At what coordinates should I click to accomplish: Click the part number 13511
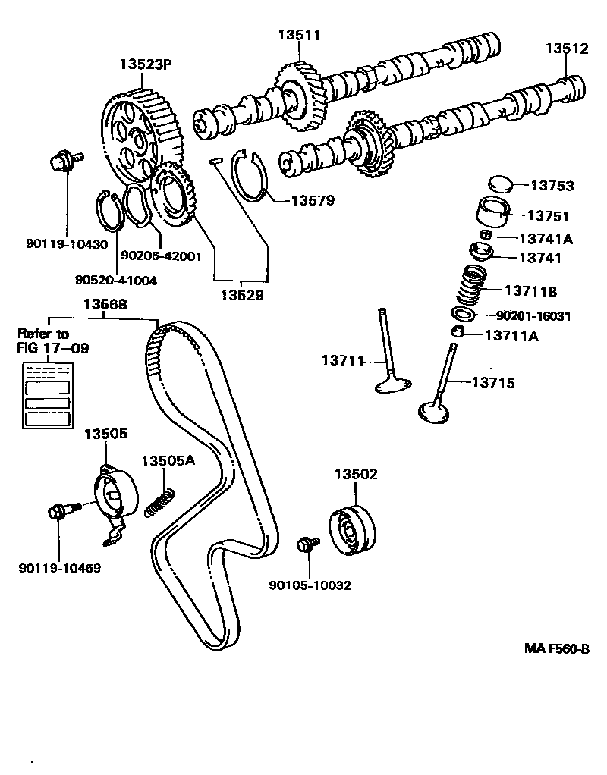[x=299, y=35]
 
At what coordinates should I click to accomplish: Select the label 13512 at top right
[x=566, y=49]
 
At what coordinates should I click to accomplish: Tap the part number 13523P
[x=146, y=64]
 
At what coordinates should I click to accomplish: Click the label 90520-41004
[x=115, y=280]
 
